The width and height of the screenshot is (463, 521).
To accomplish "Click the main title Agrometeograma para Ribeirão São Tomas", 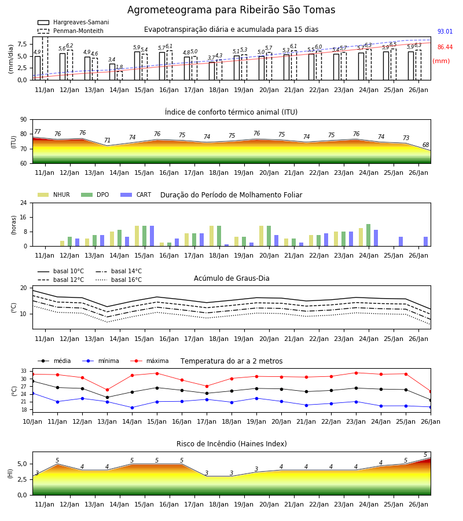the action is (x=231, y=10).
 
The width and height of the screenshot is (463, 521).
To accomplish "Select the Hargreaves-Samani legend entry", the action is (x=73, y=22).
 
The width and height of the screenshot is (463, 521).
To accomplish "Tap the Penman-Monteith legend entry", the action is (x=71, y=31).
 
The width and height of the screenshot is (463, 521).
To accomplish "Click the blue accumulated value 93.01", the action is (x=444, y=32).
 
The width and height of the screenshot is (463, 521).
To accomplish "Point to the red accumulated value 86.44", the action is (x=444, y=47).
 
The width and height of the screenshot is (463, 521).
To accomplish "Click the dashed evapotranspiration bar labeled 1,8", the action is (x=120, y=76).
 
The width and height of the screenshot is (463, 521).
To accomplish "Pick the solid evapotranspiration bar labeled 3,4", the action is (x=112, y=72).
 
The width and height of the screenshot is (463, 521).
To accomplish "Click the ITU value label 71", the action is (x=107, y=140).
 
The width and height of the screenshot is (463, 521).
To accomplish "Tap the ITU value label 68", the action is (x=425, y=145).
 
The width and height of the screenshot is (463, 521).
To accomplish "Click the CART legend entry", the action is (x=135, y=195).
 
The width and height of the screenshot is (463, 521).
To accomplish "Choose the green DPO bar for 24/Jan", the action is (x=368, y=235).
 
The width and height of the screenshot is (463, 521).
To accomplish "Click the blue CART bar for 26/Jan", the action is (x=425, y=241).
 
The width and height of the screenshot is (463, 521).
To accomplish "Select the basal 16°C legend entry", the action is (x=119, y=280).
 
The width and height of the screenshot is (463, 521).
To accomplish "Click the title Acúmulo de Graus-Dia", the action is (x=231, y=278).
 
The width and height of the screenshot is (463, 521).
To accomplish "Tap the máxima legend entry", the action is (x=149, y=361).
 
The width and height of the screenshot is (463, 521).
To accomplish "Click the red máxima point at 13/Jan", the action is (x=107, y=390).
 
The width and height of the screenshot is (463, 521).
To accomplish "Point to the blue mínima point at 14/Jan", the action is (x=132, y=408).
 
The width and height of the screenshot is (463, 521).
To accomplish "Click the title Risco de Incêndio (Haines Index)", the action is (x=231, y=443).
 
